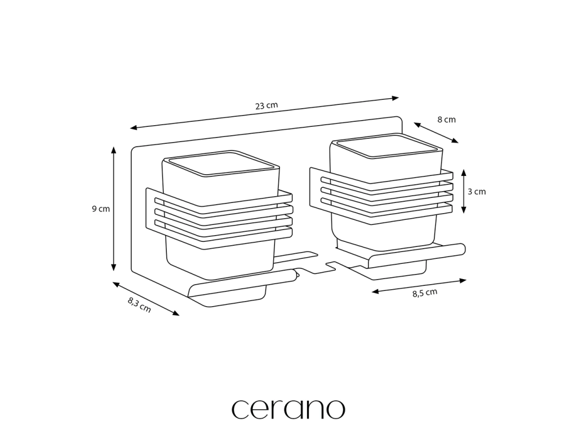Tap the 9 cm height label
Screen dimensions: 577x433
[x=101, y=209]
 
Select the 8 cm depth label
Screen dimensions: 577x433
[x=446, y=120]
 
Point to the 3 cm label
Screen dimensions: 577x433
[x=477, y=191]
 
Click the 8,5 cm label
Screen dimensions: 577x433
[x=424, y=292]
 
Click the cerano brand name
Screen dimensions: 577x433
[x=288, y=409]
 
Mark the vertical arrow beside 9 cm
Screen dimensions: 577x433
[x=114, y=208]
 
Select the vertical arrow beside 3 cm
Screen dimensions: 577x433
[x=463, y=191]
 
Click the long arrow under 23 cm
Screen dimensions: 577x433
[x=264, y=113]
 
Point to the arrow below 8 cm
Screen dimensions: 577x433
[x=436, y=132]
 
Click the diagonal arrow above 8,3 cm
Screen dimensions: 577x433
[x=145, y=298]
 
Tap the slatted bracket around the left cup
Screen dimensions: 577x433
[x=220, y=218]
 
